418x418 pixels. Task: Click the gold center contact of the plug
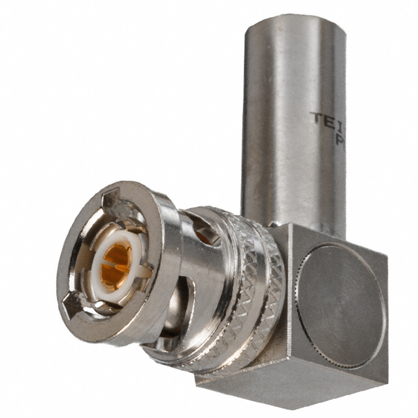click(x=116, y=264)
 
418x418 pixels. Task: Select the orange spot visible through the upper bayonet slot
click(x=204, y=236)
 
